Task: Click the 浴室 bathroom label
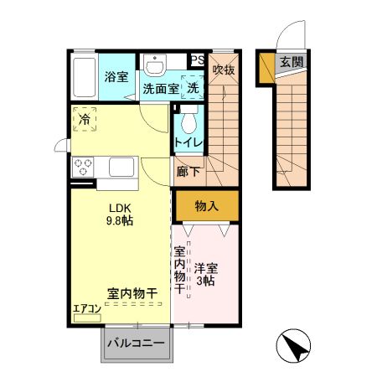[x=116, y=77]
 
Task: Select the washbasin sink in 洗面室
[x=155, y=65]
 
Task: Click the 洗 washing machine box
[x=191, y=87]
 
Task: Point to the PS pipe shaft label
[x=197, y=60]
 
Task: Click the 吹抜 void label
[x=223, y=70]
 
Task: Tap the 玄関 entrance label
[x=292, y=61]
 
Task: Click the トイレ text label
[x=187, y=142]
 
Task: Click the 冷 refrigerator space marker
[x=85, y=120]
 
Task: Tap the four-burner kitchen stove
[x=84, y=166]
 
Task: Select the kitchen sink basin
[x=117, y=167]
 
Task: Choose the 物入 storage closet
[x=207, y=205]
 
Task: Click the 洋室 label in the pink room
[x=207, y=270]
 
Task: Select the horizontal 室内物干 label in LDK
[x=132, y=293]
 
